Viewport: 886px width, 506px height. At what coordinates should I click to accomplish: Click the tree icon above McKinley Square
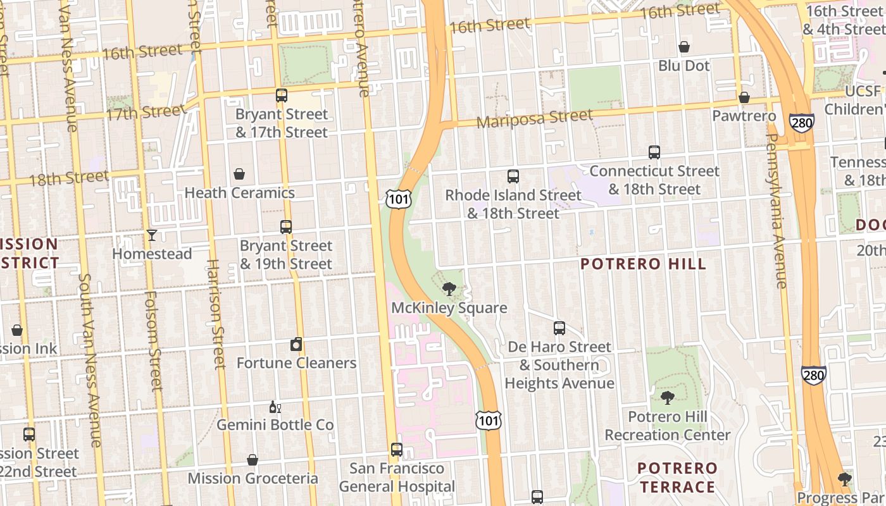[x=449, y=289]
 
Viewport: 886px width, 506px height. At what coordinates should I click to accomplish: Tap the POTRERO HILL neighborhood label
[x=643, y=264]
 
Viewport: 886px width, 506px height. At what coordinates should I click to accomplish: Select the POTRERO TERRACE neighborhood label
[x=677, y=478]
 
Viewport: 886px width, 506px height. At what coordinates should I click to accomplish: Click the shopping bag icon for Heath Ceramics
[x=239, y=174]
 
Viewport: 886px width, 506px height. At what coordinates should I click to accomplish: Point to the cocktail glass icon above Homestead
[x=152, y=235]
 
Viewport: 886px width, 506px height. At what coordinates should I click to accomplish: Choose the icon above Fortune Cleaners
[x=296, y=345]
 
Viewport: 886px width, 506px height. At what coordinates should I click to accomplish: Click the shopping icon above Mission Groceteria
[x=253, y=460]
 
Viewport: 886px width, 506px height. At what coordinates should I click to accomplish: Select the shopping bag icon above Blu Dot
[x=684, y=47]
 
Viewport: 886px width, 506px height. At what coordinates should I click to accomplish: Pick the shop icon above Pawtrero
[x=744, y=97]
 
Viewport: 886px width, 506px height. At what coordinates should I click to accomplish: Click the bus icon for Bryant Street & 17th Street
[x=282, y=96]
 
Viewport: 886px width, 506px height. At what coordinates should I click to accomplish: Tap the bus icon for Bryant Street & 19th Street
[x=286, y=227]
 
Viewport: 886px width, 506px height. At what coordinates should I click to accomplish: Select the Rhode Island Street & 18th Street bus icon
[x=513, y=176]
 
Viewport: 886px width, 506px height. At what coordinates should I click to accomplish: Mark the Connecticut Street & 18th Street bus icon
[x=654, y=152]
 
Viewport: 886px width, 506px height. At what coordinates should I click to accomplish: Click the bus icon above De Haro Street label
[x=559, y=328]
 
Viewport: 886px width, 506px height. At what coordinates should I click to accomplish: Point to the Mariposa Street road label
[x=535, y=118]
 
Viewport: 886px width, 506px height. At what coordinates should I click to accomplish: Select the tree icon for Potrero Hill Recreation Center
[x=667, y=398]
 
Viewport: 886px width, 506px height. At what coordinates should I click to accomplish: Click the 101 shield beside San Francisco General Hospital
[x=489, y=420]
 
